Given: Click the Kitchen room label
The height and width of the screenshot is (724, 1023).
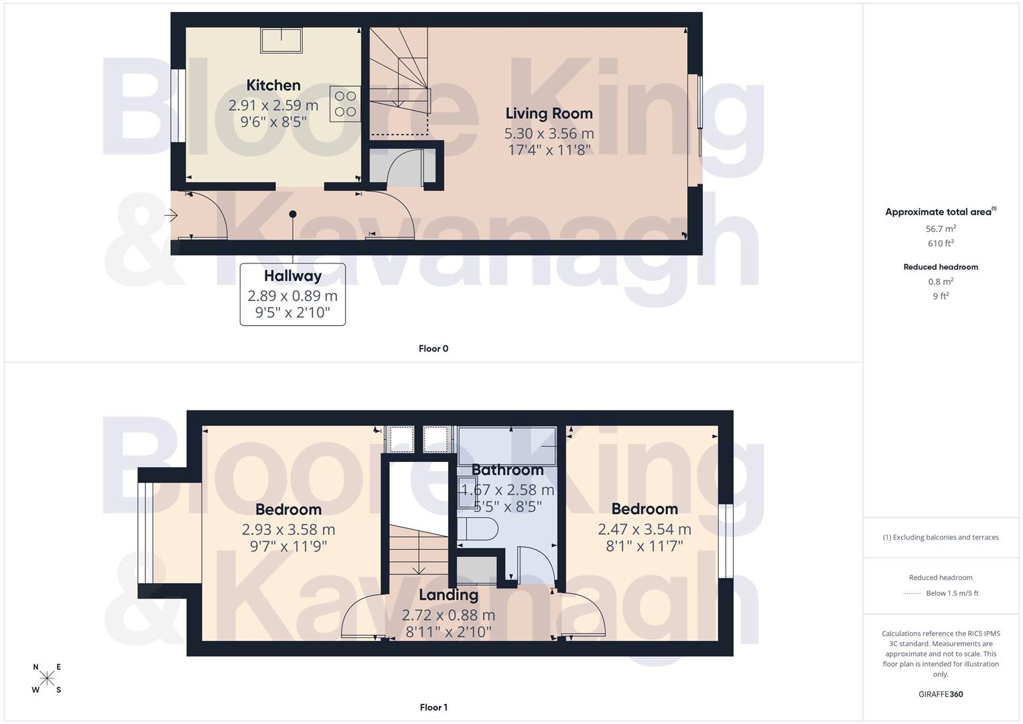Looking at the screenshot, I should (273, 85).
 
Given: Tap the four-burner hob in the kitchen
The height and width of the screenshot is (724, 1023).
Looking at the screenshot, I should (345, 104).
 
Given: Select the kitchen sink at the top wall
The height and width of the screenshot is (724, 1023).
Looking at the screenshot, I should (281, 40).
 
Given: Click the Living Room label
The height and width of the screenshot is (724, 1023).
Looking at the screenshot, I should (549, 113).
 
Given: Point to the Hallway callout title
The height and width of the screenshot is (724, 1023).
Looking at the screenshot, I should (293, 276).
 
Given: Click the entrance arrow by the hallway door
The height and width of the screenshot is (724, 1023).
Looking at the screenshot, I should (172, 215).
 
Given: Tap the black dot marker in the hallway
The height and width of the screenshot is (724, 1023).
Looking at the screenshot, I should (293, 215).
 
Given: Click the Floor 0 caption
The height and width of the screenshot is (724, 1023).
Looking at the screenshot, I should (433, 349).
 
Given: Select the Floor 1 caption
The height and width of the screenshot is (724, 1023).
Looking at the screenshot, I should (433, 707).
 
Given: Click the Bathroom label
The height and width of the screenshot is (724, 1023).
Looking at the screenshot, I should (507, 470).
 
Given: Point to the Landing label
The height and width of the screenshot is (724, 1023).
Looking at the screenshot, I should (448, 595).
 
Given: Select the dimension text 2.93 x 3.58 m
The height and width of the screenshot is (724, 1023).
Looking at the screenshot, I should (288, 530).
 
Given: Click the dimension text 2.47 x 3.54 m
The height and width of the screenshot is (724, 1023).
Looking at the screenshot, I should (644, 530).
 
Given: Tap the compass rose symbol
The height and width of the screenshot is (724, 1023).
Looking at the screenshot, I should (47, 678).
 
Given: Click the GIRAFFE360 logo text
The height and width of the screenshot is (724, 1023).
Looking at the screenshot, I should (941, 695).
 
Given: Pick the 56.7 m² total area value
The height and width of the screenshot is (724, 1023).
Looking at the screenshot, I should (941, 229).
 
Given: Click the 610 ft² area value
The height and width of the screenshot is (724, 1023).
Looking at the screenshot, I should (941, 243).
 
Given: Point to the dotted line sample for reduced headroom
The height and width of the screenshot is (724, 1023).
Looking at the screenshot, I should (912, 593).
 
